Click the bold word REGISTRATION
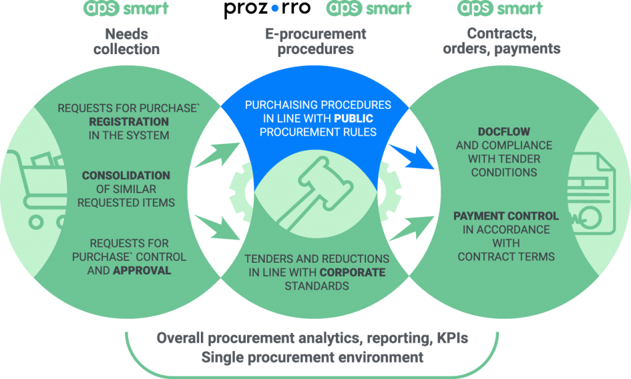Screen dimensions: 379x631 coord(129,122)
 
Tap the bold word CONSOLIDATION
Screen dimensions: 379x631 coord(126,175)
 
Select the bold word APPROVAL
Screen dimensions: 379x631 coord(142,270)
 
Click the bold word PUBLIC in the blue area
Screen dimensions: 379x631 coord(354,118)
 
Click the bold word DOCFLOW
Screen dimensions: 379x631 coord(503,132)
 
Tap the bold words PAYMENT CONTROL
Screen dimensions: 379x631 coord(506,216)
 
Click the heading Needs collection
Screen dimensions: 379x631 coord(126,41)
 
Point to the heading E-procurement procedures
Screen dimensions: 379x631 coord(315,41)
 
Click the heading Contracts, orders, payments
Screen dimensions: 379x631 coord(502,41)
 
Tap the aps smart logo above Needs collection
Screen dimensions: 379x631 coord(126,9)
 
